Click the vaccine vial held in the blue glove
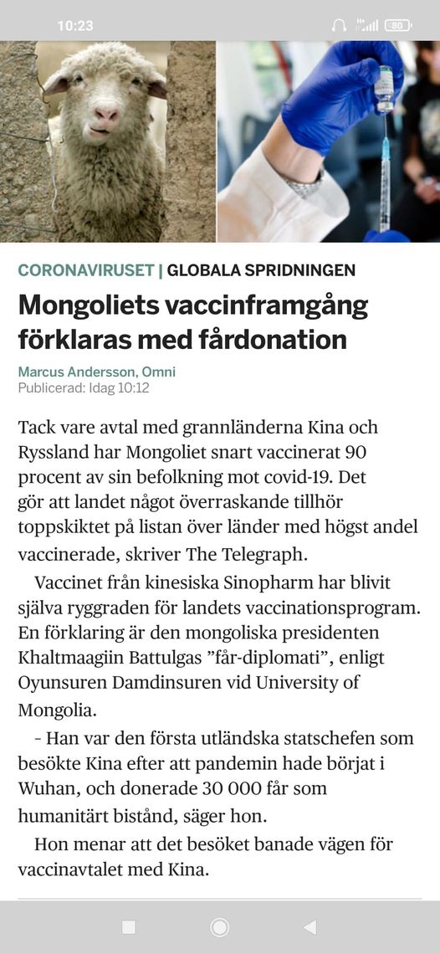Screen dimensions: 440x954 [384, 88]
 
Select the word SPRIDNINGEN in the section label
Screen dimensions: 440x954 [304, 270]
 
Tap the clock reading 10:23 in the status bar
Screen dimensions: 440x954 [75, 26]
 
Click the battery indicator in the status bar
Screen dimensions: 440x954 [398, 26]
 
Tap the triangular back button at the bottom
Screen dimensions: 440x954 [310, 926]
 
